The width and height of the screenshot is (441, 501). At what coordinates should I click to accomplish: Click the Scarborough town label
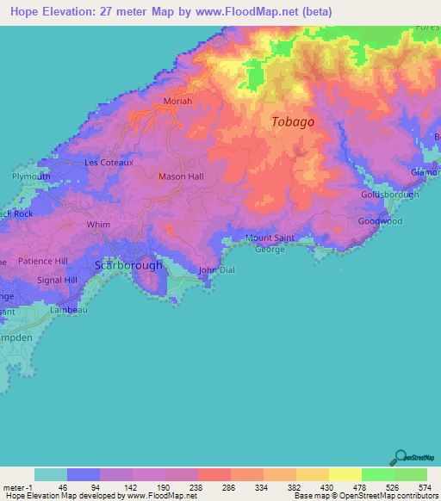(x=128, y=265)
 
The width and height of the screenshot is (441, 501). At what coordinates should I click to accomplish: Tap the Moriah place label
(x=178, y=102)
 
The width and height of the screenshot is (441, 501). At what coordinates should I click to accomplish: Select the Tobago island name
(x=293, y=121)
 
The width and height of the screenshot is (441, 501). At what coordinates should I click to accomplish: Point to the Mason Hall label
(x=180, y=176)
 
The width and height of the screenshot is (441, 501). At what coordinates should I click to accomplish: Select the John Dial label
(x=216, y=270)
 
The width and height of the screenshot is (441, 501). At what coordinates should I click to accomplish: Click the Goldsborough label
(x=389, y=195)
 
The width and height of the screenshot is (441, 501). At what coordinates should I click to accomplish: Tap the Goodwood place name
(x=380, y=221)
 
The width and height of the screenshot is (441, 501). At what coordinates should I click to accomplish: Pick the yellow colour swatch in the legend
(x=345, y=474)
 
